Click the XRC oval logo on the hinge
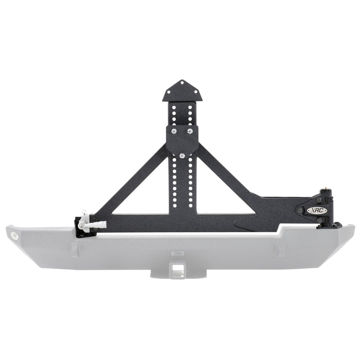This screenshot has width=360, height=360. point(314,210)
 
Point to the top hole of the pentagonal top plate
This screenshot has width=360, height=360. point(182,83)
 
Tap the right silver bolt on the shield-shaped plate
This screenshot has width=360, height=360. point(190,131)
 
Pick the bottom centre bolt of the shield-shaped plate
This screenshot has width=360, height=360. point(182,156)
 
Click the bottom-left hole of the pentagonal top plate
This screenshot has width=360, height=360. point(170,95)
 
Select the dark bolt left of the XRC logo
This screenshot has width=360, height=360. point(299,210)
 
